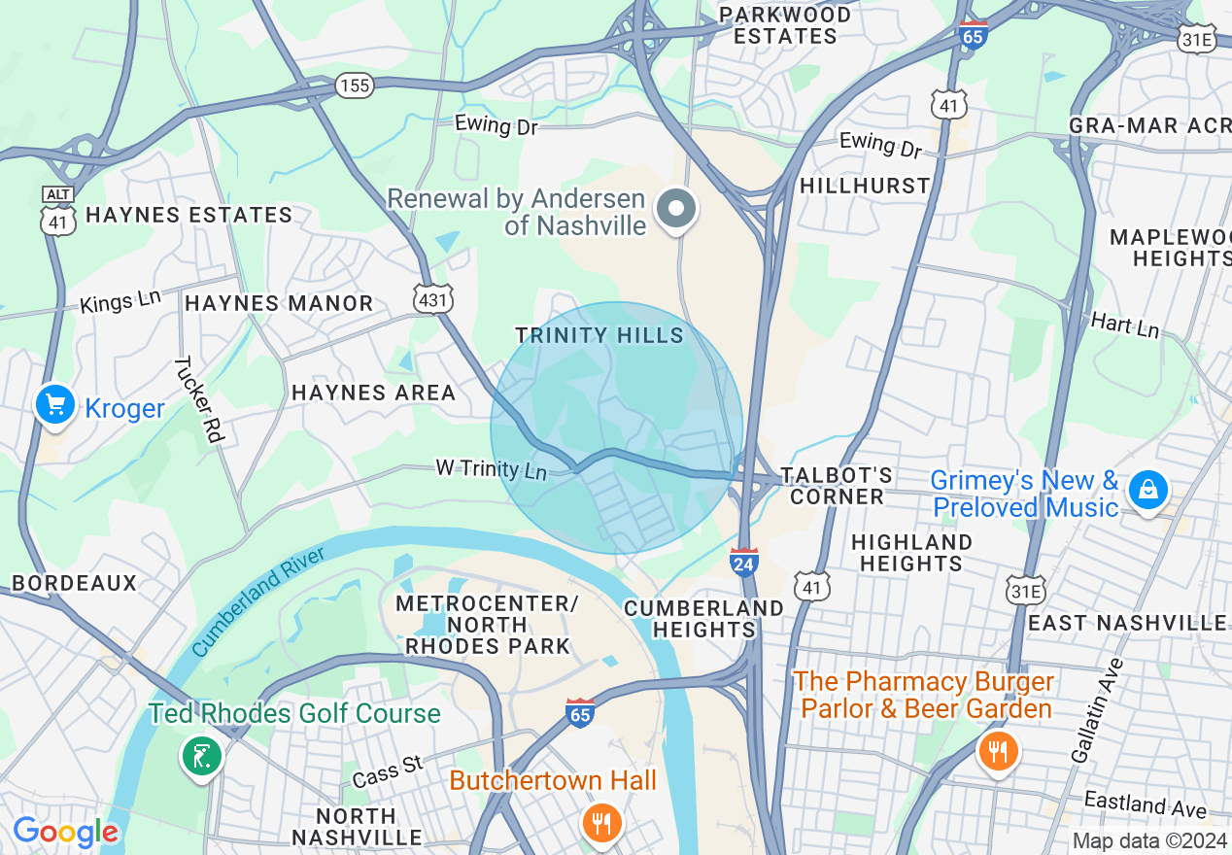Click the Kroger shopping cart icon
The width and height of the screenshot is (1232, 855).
click(55, 404)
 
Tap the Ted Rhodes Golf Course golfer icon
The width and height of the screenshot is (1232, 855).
click(202, 755)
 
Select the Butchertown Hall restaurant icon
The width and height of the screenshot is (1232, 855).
click(602, 823)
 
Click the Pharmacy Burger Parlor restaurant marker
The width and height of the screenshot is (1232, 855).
click(996, 750)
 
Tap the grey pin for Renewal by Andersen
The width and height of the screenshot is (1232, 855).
click(676, 209)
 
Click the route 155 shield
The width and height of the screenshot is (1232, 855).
click(356, 85)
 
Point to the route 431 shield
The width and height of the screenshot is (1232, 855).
click(431, 298)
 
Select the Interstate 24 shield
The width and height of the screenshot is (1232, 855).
click(743, 561)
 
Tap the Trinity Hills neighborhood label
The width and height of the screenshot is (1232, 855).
click(599, 335)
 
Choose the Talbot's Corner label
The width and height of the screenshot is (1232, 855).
click(837, 486)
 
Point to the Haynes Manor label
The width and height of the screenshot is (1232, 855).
click(279, 303)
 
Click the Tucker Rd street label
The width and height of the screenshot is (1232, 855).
click(199, 399)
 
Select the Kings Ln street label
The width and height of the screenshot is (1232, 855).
click(120, 302)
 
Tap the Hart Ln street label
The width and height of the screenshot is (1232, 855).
click(1125, 325)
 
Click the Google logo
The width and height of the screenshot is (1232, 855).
click(65, 832)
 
